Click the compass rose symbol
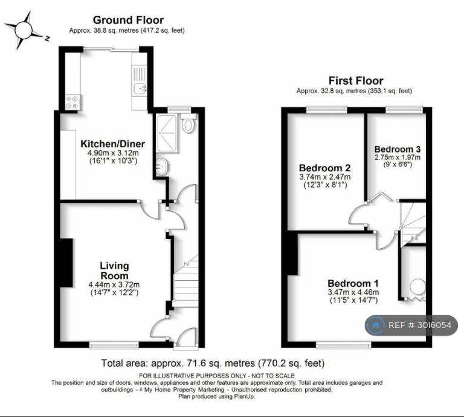[24, 30]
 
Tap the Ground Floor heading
[128, 20]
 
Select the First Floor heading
[356, 80]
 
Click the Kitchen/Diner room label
[113, 144]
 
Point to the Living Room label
[114, 271]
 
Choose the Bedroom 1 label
[353, 283]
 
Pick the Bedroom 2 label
[324, 168]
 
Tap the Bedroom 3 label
[398, 149]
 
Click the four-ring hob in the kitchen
[73, 102]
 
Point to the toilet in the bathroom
[188, 123]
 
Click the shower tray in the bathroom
[167, 133]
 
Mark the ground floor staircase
[185, 281]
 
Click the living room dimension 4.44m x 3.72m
[114, 285]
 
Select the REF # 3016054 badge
[411, 325]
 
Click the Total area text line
[213, 363]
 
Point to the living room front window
[114, 344]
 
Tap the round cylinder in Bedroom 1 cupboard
[418, 287]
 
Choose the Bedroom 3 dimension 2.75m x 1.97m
[398, 157]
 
